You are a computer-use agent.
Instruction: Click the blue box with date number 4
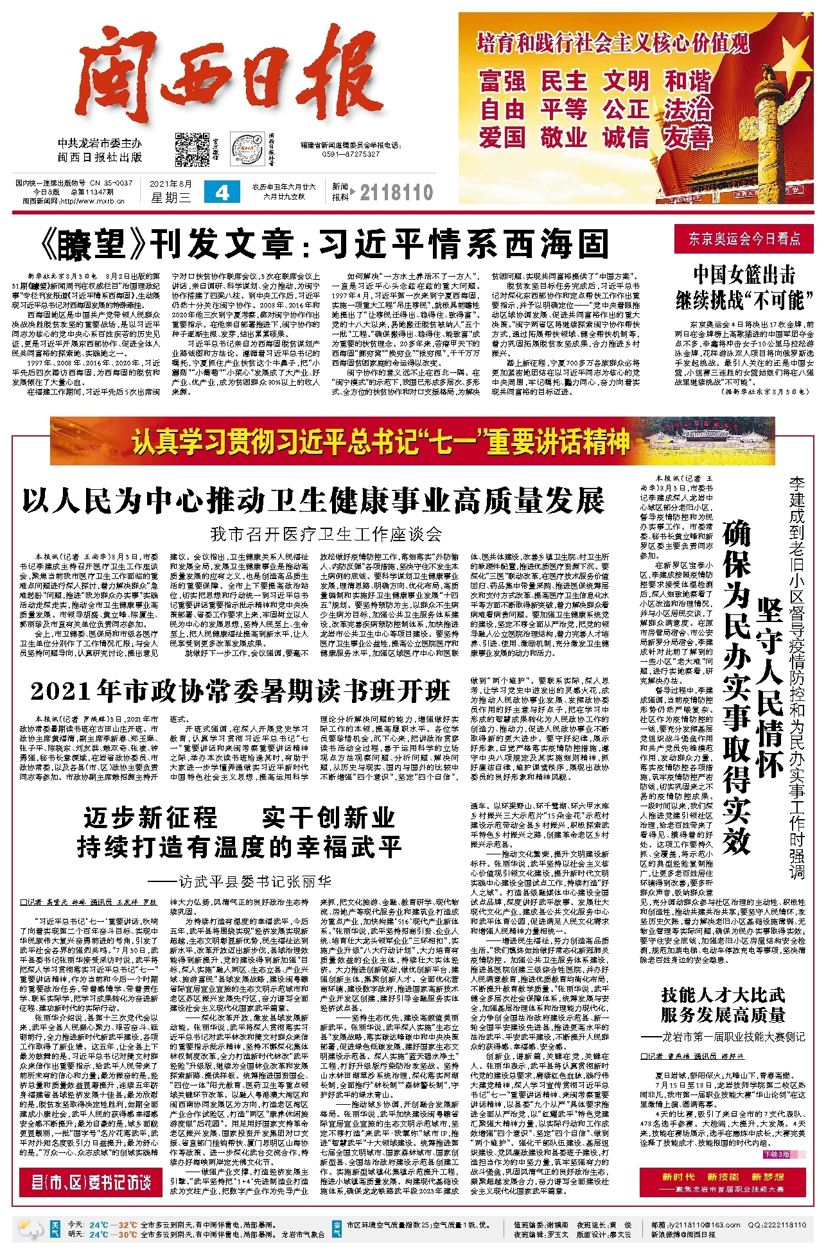[x=222, y=192]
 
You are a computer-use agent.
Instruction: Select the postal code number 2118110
[x=396, y=192]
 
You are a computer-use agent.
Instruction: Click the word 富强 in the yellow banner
[x=502, y=82]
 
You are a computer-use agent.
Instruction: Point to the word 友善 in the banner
[x=688, y=137]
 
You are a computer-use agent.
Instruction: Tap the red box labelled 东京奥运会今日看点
[x=744, y=239]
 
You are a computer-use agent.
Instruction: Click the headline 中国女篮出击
[x=744, y=275]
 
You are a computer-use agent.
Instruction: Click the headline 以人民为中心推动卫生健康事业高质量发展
[x=313, y=501]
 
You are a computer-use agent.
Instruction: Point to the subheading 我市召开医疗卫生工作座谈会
[x=326, y=533]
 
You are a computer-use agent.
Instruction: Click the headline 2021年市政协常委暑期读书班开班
[x=240, y=691]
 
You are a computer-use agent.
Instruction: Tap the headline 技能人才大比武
[x=723, y=995]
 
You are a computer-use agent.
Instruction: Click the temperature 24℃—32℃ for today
[x=113, y=1224]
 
